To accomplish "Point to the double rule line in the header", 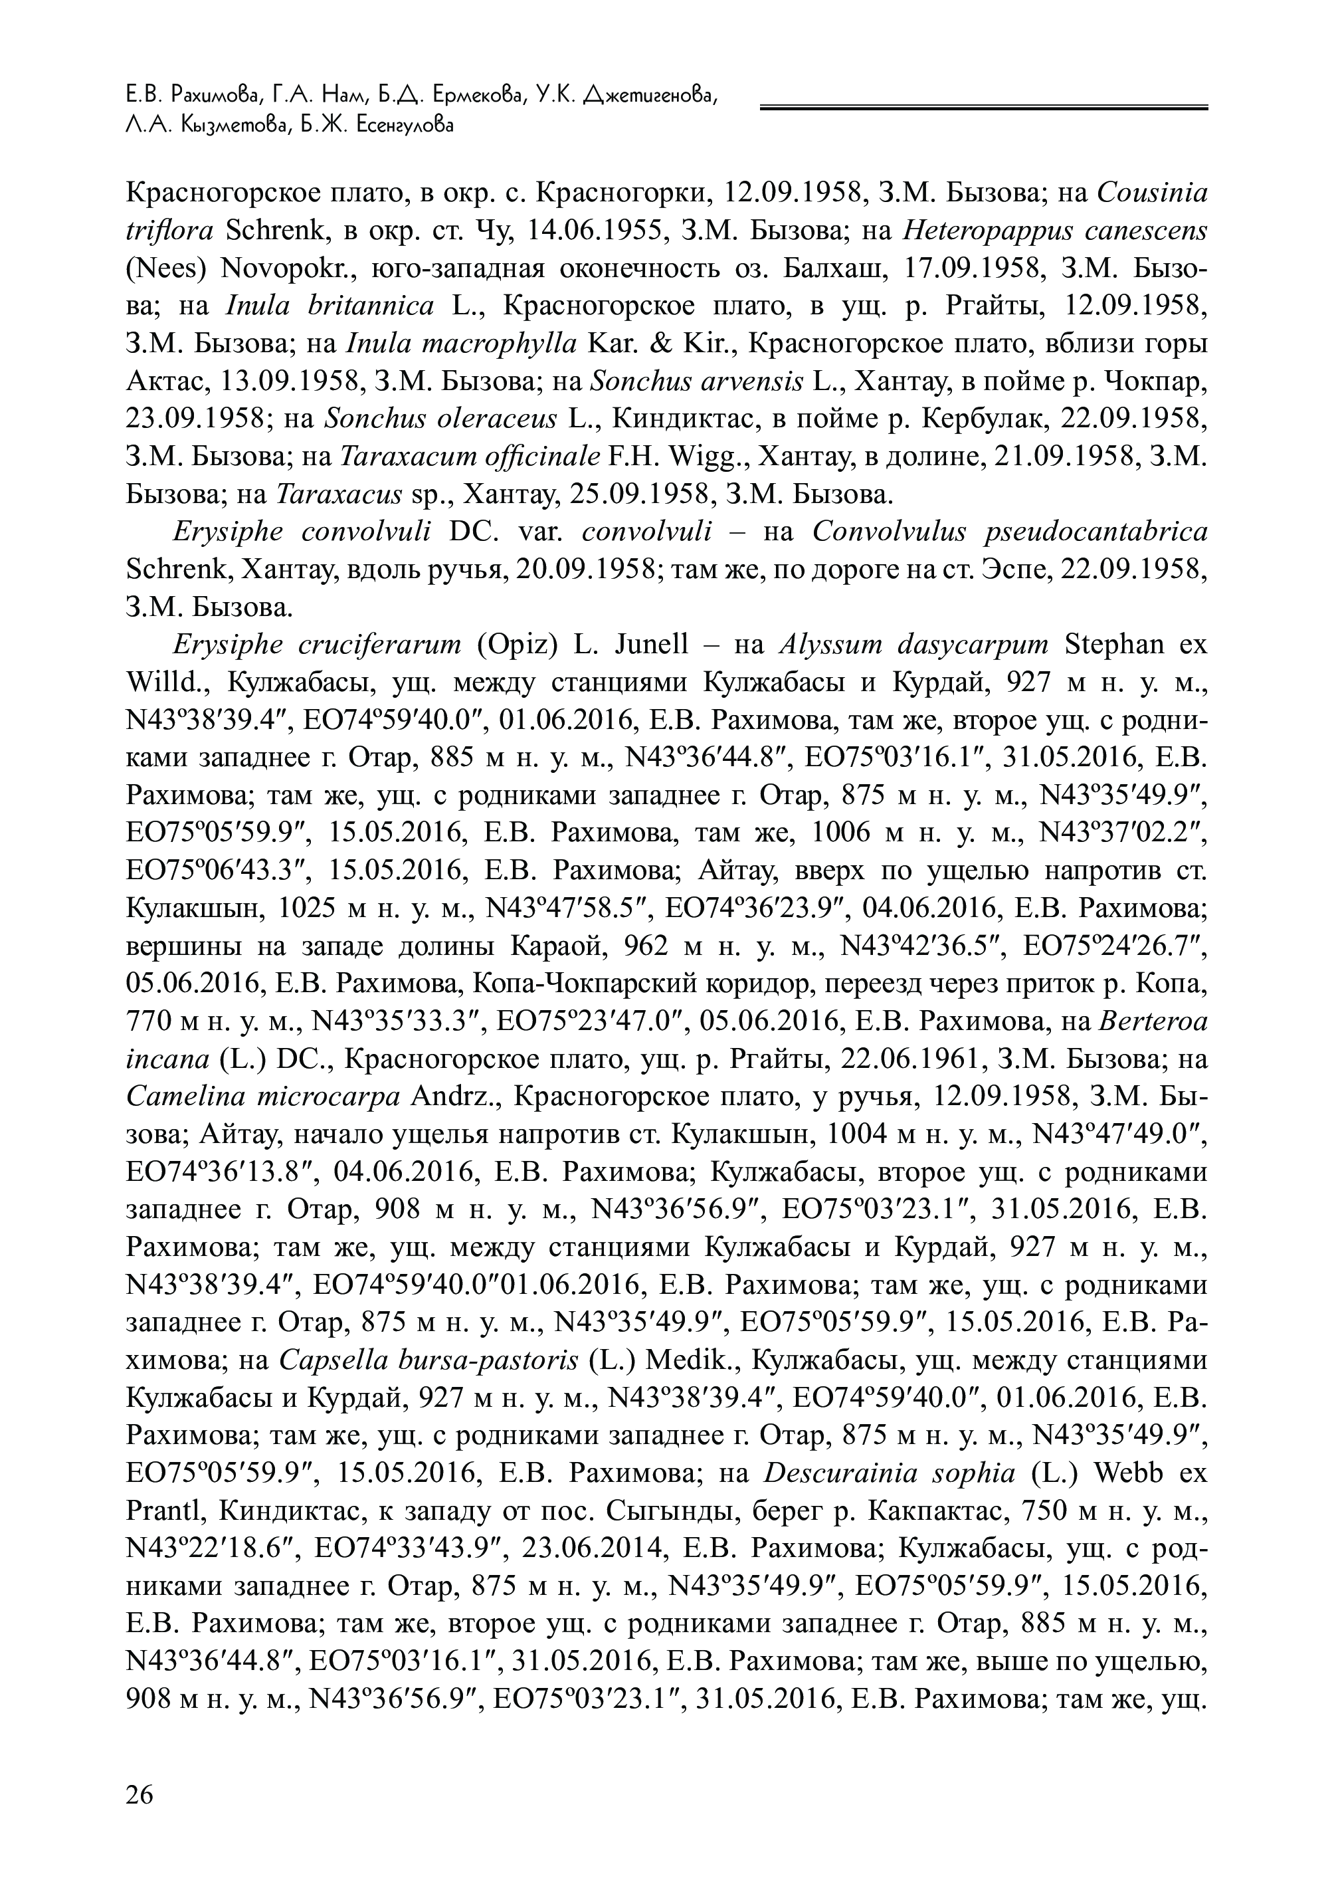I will coord(983,107).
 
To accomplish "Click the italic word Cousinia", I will coord(1153,193).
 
